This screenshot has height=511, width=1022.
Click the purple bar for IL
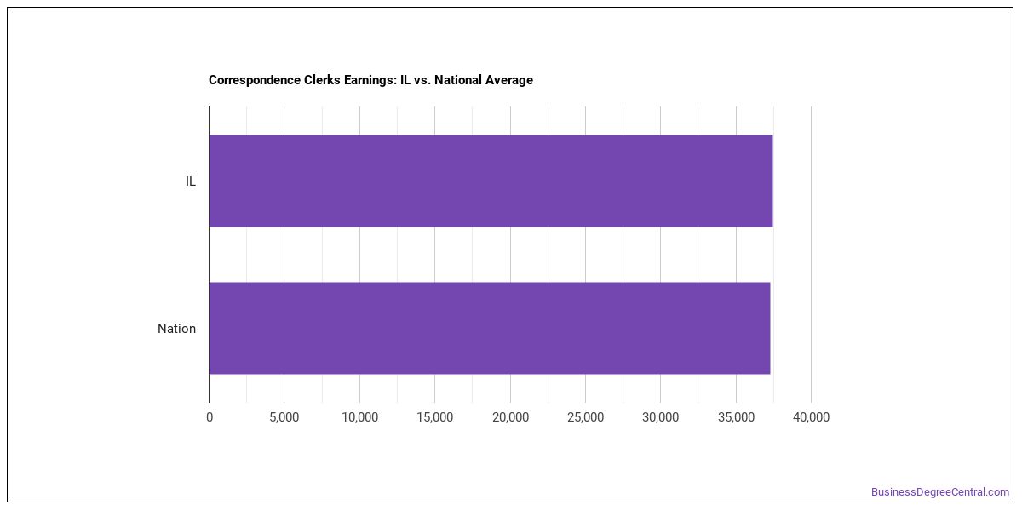[x=491, y=181]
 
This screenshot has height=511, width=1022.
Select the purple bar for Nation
[x=490, y=329]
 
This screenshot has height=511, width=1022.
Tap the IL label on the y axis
[x=190, y=181]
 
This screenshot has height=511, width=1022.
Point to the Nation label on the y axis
[x=176, y=329]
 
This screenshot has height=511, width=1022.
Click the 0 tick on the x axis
[x=210, y=417]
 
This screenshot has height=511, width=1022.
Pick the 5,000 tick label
[x=284, y=417]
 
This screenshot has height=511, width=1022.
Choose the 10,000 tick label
[x=360, y=417]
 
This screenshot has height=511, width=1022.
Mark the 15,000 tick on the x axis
[x=435, y=417]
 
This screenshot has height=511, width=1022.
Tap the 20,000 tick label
[x=510, y=417]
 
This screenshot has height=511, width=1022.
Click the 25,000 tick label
[x=585, y=417]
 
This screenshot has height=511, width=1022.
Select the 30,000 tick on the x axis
[x=661, y=417]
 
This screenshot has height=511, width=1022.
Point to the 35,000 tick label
[x=736, y=417]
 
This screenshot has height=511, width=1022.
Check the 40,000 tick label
[x=811, y=417]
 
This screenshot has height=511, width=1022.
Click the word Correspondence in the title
[x=257, y=80]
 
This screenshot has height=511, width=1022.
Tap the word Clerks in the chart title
[x=324, y=80]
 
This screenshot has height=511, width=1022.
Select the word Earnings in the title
[x=370, y=80]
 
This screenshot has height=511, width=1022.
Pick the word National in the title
[x=458, y=80]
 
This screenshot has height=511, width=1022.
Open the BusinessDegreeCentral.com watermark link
[x=940, y=492]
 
